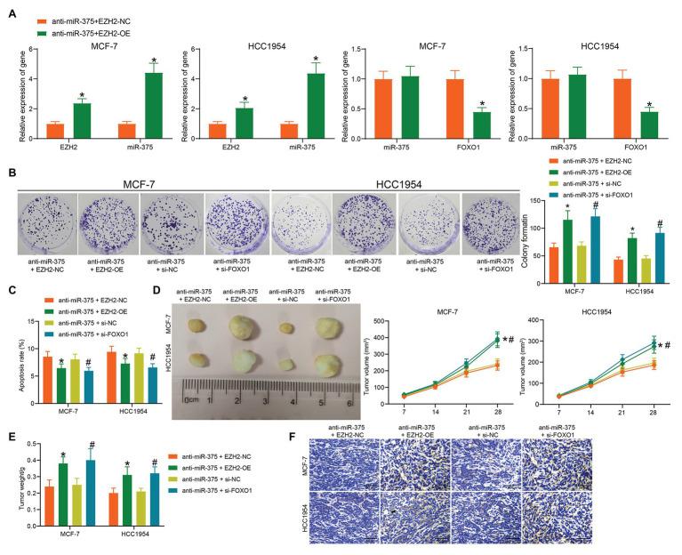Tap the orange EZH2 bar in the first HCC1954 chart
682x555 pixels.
pyautogui.click(x=218, y=130)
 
